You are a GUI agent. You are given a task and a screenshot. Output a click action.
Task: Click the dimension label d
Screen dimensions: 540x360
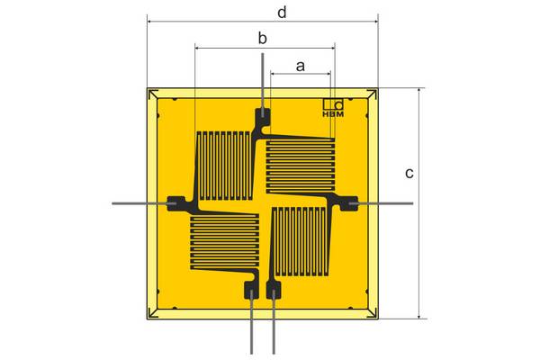click(282, 13)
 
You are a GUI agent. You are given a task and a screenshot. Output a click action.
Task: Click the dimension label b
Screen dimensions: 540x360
click(263, 38)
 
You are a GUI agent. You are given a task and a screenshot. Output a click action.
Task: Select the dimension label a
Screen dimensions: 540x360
click(301, 66)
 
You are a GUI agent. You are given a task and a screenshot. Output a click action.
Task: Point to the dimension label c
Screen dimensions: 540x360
click(409, 174)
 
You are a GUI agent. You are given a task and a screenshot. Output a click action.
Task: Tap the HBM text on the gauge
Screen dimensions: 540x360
click(333, 114)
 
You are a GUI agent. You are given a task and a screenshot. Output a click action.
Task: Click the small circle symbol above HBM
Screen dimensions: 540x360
click(339, 104)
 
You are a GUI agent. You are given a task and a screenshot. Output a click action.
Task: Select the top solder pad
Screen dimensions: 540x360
click(263, 118)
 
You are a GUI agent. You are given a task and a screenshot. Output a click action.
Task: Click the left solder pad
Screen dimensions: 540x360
click(176, 203)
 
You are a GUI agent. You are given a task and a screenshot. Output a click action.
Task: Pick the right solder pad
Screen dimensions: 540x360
click(349, 203)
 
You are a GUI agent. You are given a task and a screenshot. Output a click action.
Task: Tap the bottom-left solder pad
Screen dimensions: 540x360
click(251, 290)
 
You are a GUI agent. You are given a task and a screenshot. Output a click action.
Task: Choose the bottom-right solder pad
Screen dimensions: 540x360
click(274, 290)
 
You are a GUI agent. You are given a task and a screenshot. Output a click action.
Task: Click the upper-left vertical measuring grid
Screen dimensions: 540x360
click(224, 166)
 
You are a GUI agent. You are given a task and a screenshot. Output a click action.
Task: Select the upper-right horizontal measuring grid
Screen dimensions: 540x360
click(301, 166)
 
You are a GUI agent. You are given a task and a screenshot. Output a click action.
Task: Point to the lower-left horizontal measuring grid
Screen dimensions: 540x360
click(224, 242)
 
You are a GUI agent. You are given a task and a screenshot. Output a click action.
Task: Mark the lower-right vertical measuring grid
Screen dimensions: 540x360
click(300, 242)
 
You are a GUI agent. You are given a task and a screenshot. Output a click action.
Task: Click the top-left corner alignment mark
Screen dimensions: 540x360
click(153, 94)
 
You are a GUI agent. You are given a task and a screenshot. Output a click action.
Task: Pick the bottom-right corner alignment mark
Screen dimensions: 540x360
click(373, 313)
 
